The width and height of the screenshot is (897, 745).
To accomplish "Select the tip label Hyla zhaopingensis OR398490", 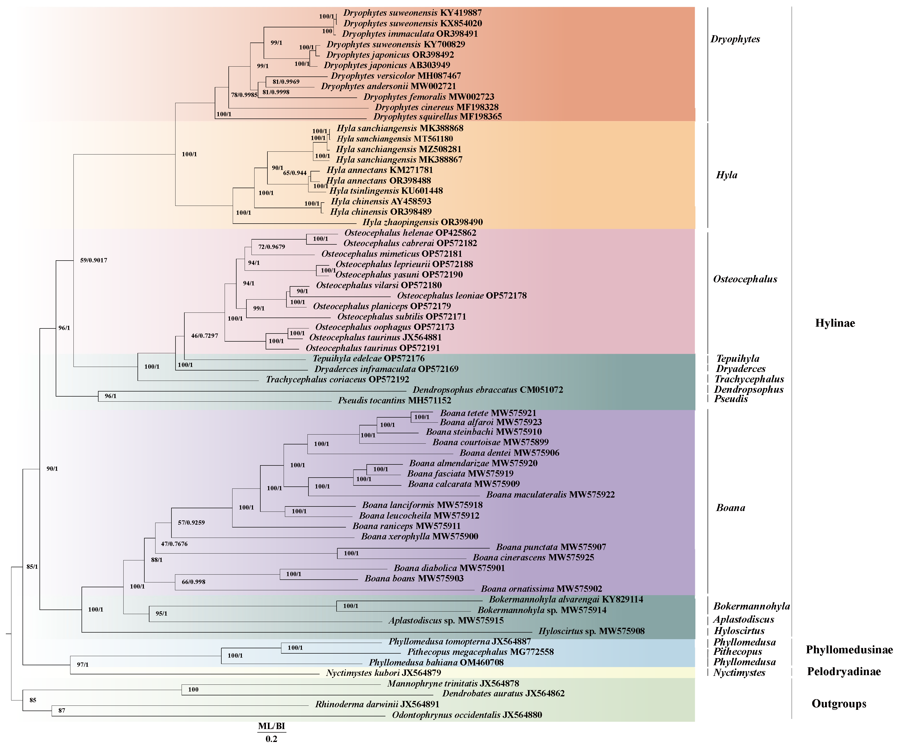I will tap(422, 222).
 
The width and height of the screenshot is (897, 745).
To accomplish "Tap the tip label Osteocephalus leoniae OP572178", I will tap(462, 296).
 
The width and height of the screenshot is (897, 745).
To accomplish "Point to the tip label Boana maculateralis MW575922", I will tap(550, 495).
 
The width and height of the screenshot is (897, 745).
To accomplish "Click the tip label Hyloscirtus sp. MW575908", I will tap(591, 631).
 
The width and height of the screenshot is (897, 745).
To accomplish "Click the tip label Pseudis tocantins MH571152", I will tap(394, 400).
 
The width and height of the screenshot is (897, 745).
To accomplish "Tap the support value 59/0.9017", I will tap(93, 260).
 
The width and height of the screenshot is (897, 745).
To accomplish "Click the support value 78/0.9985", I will tap(244, 95).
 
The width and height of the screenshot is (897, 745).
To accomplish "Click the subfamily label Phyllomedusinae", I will tap(849, 650).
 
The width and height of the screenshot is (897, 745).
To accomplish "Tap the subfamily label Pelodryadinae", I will tap(844, 672).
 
